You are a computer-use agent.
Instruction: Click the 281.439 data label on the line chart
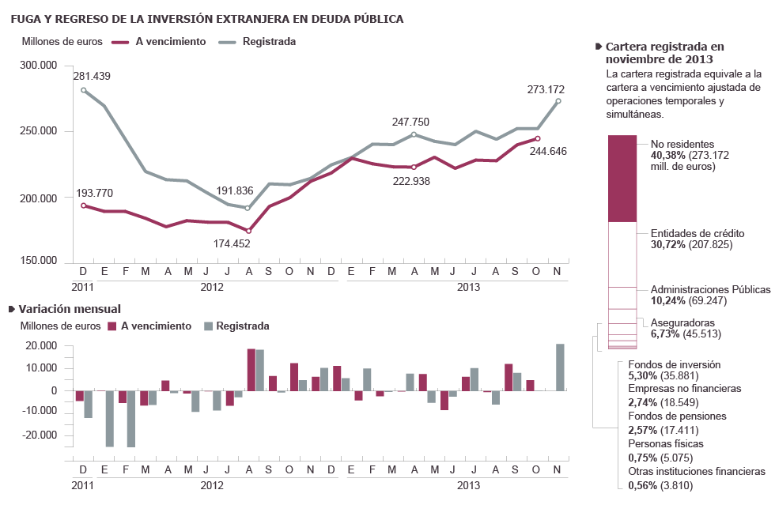92,77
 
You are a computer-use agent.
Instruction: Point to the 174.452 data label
232,243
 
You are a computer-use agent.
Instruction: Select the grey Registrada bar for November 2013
560,367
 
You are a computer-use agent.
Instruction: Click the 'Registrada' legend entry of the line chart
268,41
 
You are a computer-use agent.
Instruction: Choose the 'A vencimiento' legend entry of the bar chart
156,326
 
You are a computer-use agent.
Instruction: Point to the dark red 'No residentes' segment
622,179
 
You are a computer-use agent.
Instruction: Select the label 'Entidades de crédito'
697,234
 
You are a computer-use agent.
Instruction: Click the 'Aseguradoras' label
682,323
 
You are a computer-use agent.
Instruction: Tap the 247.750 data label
410,122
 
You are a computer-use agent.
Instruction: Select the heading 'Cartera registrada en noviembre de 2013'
664,53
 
